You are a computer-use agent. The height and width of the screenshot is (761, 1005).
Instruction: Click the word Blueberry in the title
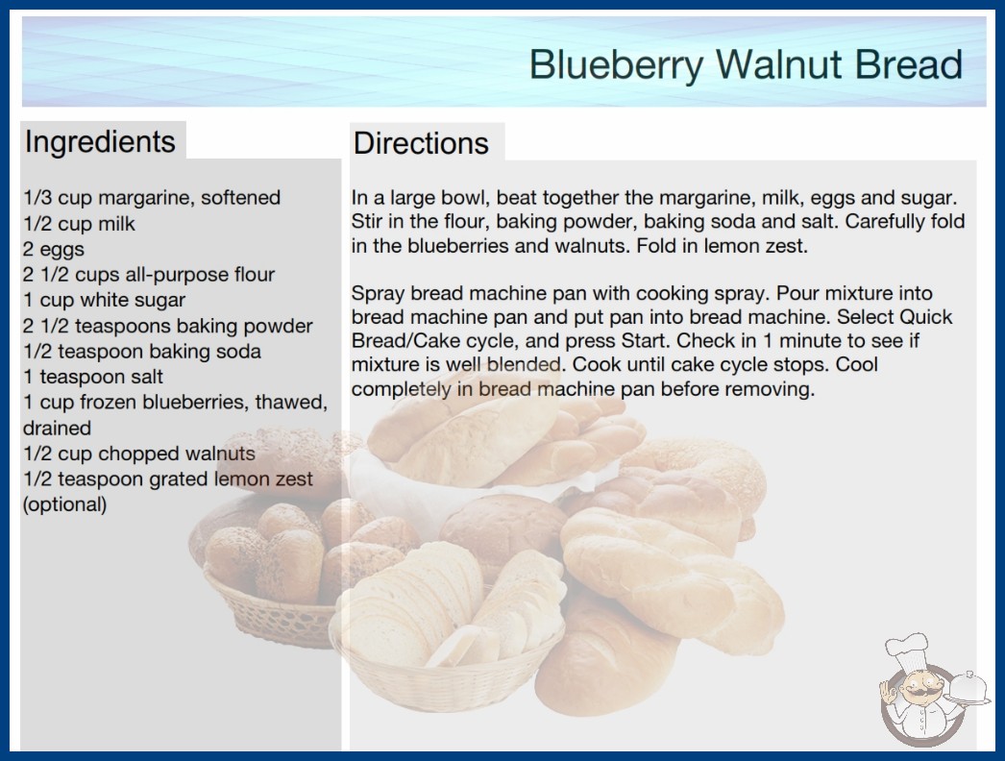tap(616, 66)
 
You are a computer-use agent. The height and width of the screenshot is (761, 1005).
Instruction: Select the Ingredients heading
tap(100, 142)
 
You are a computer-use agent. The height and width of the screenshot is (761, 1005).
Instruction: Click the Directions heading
tap(421, 143)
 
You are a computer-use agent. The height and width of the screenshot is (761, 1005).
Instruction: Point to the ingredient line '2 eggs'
tap(54, 250)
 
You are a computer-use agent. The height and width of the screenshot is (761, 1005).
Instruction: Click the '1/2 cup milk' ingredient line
tap(80, 224)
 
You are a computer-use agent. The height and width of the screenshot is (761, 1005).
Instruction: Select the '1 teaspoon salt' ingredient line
tap(93, 377)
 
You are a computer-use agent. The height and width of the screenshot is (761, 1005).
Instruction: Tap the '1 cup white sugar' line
tap(104, 300)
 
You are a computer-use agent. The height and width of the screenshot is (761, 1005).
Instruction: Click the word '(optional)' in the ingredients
tap(64, 504)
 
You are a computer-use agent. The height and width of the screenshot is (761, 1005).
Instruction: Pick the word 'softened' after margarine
tap(240, 198)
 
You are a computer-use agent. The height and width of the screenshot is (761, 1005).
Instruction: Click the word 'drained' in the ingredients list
tap(57, 428)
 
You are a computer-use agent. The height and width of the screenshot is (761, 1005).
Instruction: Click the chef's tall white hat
tap(907, 651)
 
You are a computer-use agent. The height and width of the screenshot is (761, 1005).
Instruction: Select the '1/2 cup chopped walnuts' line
tap(139, 454)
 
